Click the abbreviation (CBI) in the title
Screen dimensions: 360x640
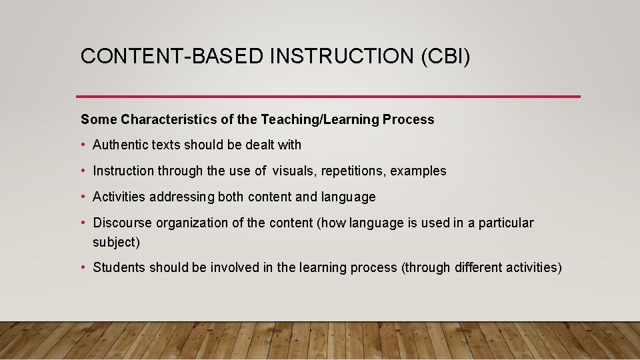[445, 57]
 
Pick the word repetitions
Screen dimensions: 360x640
[353, 171]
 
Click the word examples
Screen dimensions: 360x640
[418, 171]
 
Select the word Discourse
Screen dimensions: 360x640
[119, 223]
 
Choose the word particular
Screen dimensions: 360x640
[509, 223]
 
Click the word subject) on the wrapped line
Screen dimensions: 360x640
[117, 242]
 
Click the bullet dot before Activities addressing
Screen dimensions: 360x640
[84, 197]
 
